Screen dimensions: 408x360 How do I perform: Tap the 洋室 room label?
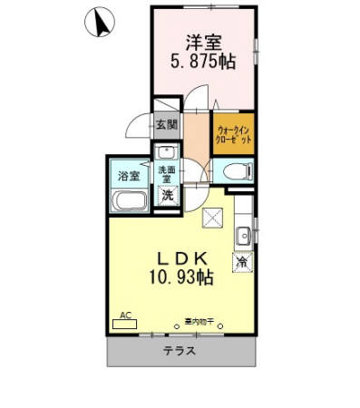click(203, 42)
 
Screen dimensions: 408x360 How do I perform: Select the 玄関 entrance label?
click(165, 124)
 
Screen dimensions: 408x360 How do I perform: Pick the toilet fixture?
click(233, 171)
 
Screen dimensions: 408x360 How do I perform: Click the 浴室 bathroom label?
click(128, 175)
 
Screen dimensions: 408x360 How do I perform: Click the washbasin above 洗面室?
click(164, 151)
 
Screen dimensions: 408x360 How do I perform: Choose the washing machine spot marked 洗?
click(167, 195)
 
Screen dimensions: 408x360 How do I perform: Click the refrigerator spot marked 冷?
click(242, 262)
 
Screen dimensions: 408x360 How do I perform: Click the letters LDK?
click(187, 257)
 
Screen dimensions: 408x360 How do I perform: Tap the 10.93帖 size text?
click(185, 279)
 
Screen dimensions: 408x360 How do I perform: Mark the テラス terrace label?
click(180, 351)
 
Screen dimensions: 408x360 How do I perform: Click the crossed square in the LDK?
click(213, 216)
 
